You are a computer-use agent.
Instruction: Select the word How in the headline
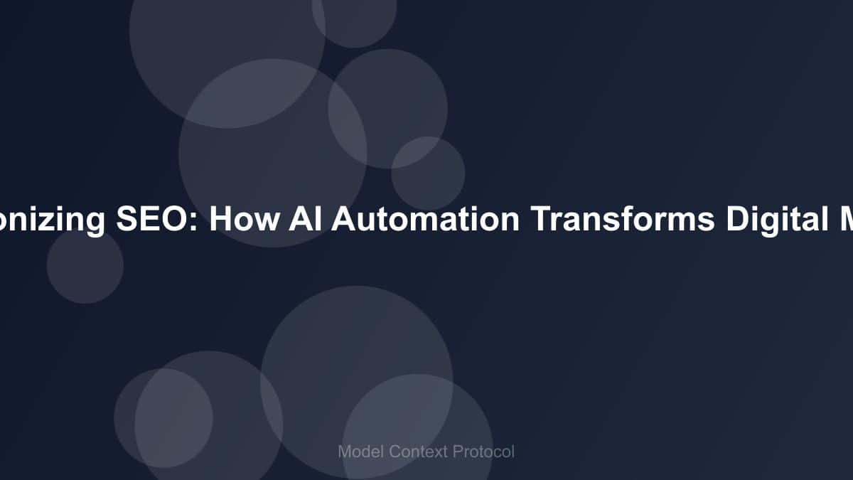pos(244,220)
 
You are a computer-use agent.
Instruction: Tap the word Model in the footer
pos(360,452)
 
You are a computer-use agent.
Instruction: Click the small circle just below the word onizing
pos(85,265)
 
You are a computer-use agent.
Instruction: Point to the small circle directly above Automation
pos(428,174)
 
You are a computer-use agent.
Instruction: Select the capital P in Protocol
pos(459,452)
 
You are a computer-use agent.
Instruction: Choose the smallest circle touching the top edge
pos(354,18)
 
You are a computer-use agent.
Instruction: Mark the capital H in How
pos(220,220)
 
